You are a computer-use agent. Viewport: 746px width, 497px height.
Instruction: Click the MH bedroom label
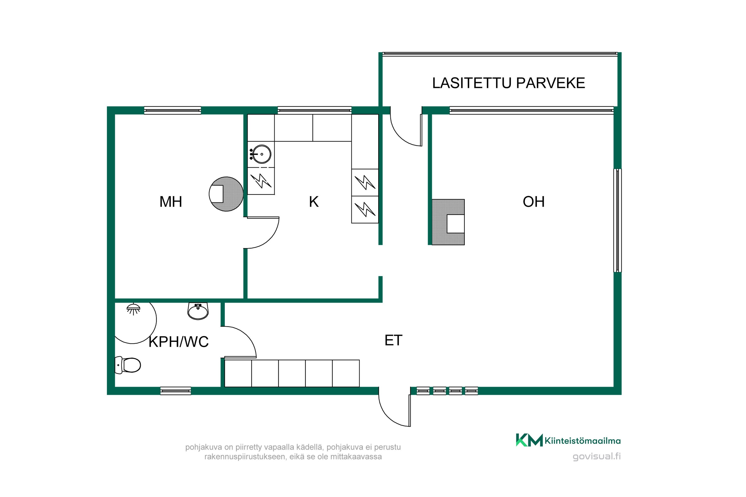(171, 202)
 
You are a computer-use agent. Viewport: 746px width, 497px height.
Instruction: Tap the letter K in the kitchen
(313, 202)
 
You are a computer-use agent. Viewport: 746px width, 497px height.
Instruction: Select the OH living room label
(533, 202)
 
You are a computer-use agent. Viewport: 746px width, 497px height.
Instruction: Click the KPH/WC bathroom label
(179, 342)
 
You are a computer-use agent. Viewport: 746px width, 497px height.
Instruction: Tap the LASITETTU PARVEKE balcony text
(509, 83)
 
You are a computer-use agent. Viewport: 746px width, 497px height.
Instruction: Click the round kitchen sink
(261, 154)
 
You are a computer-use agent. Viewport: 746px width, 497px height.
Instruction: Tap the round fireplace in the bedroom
(226, 194)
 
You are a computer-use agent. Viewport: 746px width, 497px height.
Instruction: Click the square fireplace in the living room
(448, 222)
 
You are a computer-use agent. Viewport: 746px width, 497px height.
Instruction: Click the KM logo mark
(529, 440)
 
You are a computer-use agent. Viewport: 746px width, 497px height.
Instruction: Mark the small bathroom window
(175, 391)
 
